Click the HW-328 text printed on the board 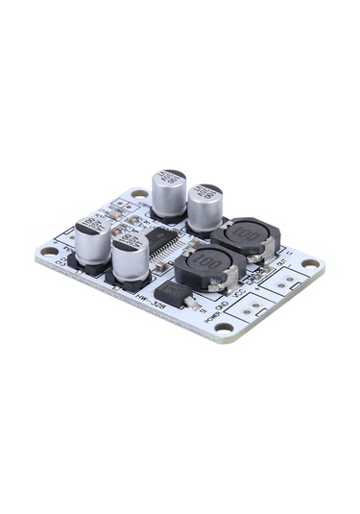[x=150, y=302]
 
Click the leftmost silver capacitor [x=93, y=240]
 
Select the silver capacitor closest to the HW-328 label [x=130, y=260]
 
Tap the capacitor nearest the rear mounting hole [x=169, y=193]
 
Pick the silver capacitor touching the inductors [x=204, y=208]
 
